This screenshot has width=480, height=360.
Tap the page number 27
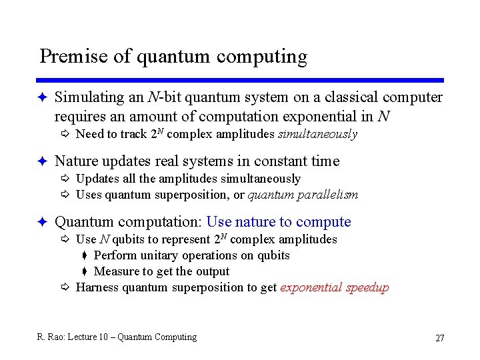click(439, 338)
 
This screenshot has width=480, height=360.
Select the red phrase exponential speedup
click(335, 287)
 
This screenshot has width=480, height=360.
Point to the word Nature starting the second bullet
click(75, 161)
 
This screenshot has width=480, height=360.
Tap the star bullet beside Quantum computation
click(41, 222)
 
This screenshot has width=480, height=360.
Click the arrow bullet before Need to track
click(65, 135)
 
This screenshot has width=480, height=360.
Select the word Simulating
click(89, 97)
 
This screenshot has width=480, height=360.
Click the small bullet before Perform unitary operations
click(85, 256)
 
